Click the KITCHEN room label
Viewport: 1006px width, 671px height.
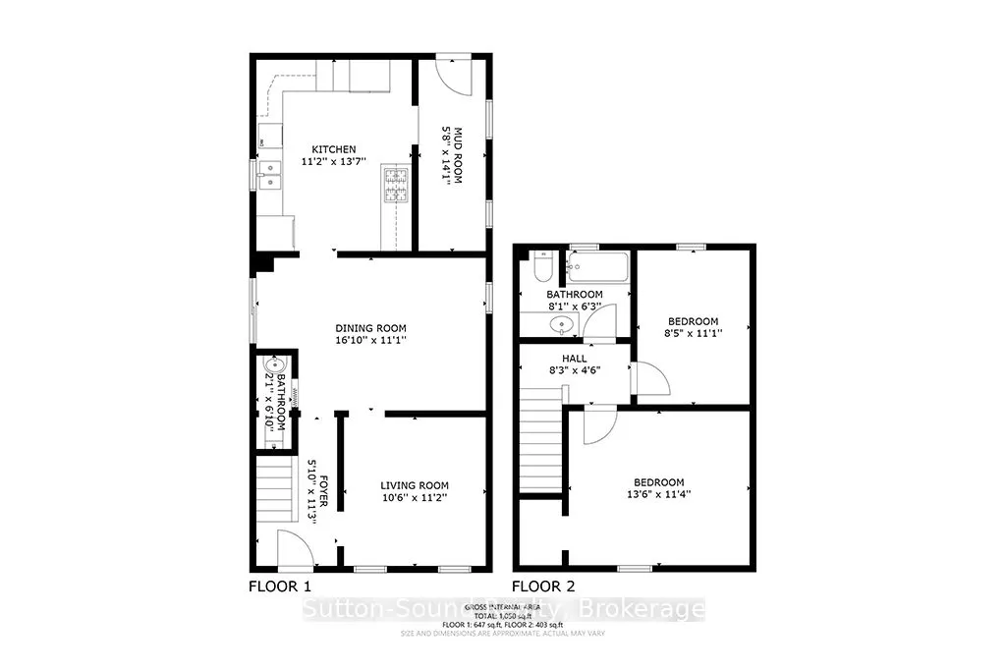click(x=334, y=149)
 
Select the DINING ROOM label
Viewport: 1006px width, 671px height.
click(x=370, y=328)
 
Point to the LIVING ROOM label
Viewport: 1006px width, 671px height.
click(x=415, y=485)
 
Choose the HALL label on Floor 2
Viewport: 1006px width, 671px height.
click(x=575, y=359)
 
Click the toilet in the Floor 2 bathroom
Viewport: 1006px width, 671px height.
click(x=541, y=268)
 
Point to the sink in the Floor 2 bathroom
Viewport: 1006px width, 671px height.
click(x=562, y=323)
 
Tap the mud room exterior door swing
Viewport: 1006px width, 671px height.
click(x=453, y=75)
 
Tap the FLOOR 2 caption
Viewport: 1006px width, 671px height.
click(x=543, y=587)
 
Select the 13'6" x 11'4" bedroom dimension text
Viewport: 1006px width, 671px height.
click(x=658, y=495)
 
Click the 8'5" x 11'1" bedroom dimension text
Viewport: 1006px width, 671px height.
click(x=694, y=334)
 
